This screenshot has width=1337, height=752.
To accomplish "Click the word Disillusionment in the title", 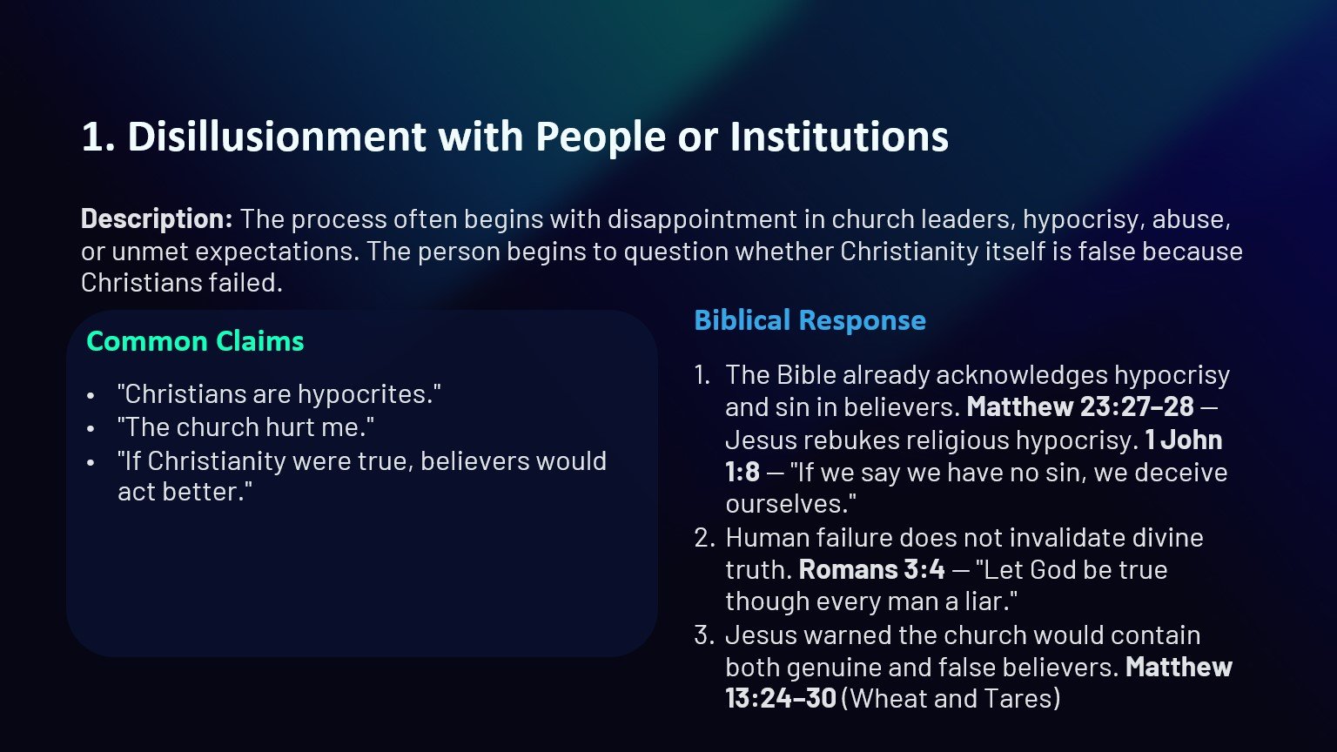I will pyautogui.click(x=276, y=137).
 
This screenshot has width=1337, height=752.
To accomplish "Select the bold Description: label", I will pyautogui.click(x=157, y=218).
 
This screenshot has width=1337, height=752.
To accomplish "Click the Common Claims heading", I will pyautogui.click(x=195, y=341).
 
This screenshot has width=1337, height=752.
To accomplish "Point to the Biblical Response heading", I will pyautogui.click(x=810, y=320).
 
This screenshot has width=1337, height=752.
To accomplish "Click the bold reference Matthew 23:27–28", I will pyautogui.click(x=1079, y=407).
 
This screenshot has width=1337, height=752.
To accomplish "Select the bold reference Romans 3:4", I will pyautogui.click(x=871, y=570).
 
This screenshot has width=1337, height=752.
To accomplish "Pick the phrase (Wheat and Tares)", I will pyautogui.click(x=951, y=699).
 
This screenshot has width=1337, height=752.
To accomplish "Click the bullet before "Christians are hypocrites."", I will pyautogui.click(x=91, y=396).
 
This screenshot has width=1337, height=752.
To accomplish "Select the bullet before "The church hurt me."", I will pyautogui.click(x=91, y=429).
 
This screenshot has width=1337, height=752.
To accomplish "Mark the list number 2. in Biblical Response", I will pyautogui.click(x=704, y=538).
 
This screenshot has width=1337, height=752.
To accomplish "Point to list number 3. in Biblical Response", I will pyautogui.click(x=704, y=635).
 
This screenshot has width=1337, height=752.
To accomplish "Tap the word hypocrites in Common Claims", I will pyautogui.click(x=365, y=394).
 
